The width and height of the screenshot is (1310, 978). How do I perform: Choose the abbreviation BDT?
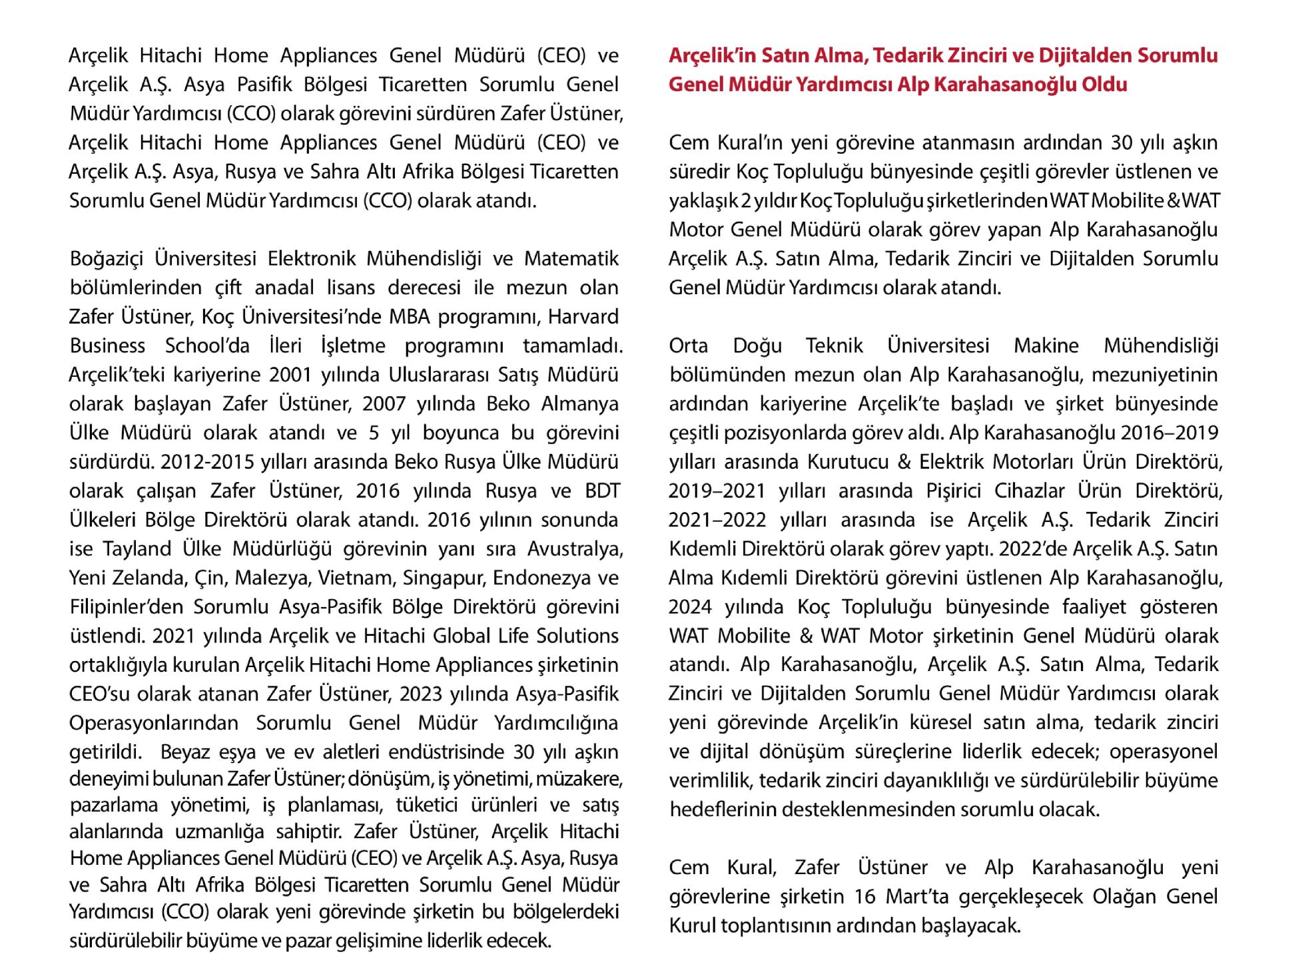coord(603,491)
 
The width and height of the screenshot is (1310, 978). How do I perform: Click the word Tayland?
coord(137,549)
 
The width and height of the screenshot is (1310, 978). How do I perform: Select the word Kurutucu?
coord(844,461)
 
